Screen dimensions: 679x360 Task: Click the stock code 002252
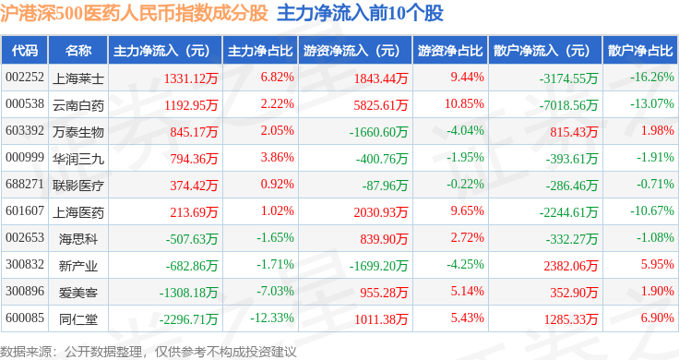[x=25, y=78]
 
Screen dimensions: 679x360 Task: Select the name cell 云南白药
[x=78, y=105]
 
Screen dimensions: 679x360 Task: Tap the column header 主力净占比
[x=260, y=51]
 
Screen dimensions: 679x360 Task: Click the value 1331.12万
[x=191, y=78]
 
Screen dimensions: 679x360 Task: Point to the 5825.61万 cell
[x=381, y=105]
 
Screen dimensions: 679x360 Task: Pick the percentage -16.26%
[x=652, y=78]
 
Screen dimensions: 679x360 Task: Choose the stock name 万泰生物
[x=78, y=132]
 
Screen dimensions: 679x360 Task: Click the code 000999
[x=25, y=157]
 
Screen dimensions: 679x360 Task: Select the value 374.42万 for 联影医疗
[x=194, y=186]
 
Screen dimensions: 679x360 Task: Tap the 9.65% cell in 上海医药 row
[x=467, y=211]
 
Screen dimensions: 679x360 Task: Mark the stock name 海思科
[x=78, y=239]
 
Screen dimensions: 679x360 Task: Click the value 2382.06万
[x=571, y=266]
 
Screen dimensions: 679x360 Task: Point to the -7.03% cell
[x=276, y=291]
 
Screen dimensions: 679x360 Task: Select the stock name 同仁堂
[x=78, y=319]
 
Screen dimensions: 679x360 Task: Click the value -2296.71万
[x=188, y=319]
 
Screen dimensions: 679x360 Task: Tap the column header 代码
[x=25, y=51]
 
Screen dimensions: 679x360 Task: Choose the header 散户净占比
[x=640, y=51]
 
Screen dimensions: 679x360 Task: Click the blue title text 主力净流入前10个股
[x=361, y=13]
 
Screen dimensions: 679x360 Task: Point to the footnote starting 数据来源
[x=149, y=352]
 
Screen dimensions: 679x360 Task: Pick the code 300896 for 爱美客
[x=25, y=291]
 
